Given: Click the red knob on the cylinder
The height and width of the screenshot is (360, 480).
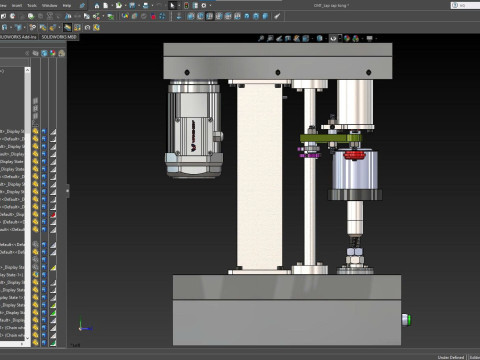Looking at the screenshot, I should (353, 156).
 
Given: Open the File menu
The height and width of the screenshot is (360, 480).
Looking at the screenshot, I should (5, 5).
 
